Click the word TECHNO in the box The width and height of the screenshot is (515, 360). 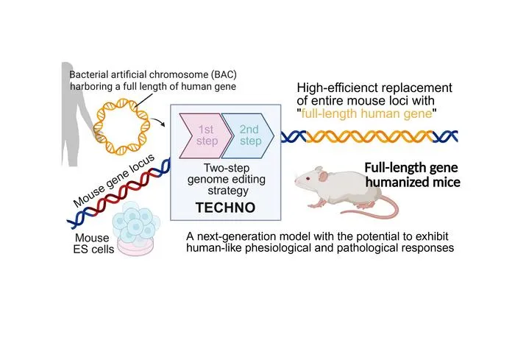pos(225,208)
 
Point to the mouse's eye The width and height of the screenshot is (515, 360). pos(308,178)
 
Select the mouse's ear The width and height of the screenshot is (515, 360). pos(323,177)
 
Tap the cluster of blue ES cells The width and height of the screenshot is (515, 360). pos(135,221)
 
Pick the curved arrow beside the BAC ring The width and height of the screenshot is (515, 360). pos(160,122)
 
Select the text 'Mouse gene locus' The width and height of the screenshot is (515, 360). pos(114,180)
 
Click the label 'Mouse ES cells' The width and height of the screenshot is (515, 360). pos(93,243)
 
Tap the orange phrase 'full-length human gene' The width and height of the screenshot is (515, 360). pos(366,113)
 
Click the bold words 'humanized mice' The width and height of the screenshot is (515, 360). pos(413,182)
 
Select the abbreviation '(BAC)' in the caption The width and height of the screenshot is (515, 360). pos(224,74)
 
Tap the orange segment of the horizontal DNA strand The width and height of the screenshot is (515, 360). pos(370,136)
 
